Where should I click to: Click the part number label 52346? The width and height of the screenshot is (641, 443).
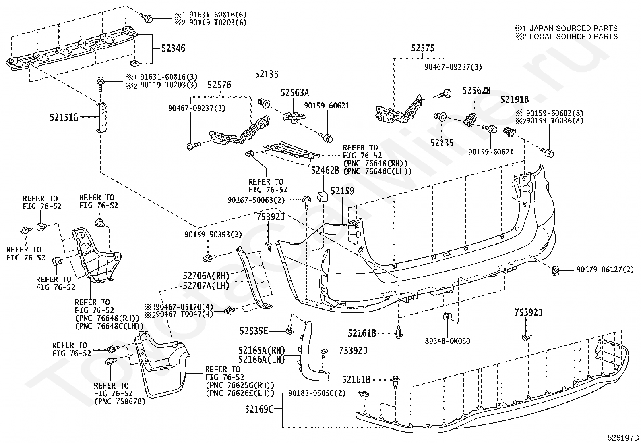click(173, 48)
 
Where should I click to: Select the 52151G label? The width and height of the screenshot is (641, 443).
click(64, 117)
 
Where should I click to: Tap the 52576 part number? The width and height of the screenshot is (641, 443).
click(219, 85)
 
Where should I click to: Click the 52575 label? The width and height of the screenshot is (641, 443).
click(423, 48)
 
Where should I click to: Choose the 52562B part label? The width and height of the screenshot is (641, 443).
click(476, 91)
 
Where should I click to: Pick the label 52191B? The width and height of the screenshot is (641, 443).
click(515, 100)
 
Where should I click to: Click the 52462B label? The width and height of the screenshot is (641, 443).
click(325, 171)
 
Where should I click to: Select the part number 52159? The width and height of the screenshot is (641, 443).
click(342, 191)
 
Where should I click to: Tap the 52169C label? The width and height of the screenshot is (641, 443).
click(259, 409)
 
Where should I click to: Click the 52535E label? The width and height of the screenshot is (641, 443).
click(254, 331)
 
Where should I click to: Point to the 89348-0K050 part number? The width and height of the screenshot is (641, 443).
click(447, 341)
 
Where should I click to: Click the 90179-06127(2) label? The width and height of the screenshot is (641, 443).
click(605, 270)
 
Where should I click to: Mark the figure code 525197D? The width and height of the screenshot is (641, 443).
click(623, 437)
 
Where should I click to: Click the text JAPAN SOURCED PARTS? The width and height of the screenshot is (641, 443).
click(573, 28)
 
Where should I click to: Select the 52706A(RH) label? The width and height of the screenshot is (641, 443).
click(206, 276)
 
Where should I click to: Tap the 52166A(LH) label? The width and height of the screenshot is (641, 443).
click(262, 359)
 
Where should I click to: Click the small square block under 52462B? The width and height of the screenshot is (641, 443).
click(323, 196)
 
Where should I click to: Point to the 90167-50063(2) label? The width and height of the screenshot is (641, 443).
click(256, 200)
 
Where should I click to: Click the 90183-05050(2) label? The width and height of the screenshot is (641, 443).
click(317, 393)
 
